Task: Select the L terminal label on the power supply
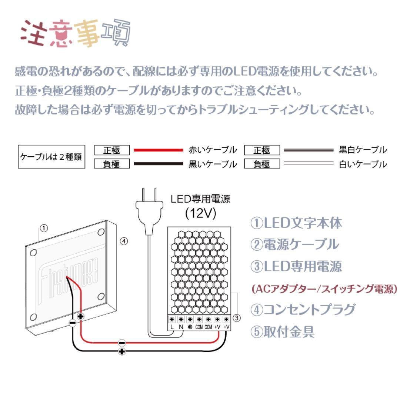172,327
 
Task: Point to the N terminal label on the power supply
181,327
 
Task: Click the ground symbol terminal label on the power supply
190,327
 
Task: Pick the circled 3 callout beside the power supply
237,318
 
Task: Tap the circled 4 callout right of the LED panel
124,241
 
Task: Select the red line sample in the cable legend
158,150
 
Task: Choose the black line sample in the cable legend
158,164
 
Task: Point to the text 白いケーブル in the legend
363,164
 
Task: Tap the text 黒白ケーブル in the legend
363,150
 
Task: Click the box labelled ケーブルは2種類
51,157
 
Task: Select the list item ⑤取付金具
282,332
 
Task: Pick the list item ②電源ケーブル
294,244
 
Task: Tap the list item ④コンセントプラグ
303,310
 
